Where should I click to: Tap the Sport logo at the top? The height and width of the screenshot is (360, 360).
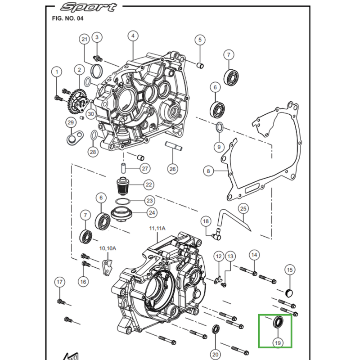88,7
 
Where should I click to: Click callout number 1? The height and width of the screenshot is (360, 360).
57,71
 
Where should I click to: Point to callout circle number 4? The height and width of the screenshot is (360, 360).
133,36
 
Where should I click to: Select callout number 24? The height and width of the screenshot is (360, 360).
151,213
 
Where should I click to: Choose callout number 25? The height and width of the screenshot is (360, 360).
243,209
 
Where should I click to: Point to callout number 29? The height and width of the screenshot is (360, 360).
71,122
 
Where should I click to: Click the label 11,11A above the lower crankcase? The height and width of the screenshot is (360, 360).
157,229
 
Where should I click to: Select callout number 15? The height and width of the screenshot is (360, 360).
290,270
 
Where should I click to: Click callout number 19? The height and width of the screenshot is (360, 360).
278,343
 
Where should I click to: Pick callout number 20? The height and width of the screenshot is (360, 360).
215,353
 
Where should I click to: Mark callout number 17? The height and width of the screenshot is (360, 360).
59,282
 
